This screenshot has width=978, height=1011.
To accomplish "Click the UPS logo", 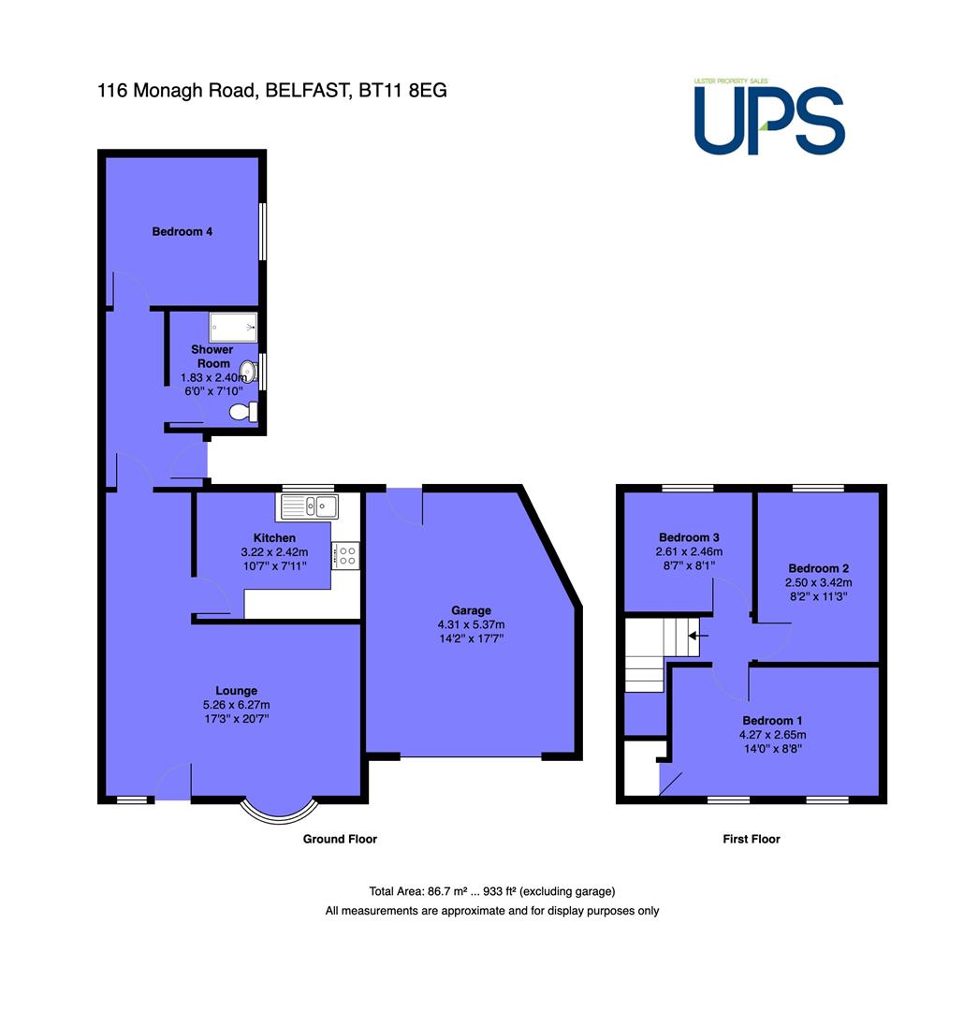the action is [769, 117].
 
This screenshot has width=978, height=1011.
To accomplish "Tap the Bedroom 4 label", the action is [182, 231].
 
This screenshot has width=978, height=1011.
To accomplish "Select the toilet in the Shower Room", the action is [243, 411].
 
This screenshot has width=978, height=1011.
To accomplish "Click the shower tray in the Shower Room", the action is [233, 328].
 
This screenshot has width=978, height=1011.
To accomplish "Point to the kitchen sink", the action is [308, 506].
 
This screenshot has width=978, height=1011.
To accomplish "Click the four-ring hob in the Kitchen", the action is [345, 556].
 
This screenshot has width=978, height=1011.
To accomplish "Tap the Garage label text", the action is [471, 610].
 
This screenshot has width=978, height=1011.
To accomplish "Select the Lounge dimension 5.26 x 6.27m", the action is [236, 705].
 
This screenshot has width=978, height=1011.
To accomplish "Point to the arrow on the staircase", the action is [697, 636].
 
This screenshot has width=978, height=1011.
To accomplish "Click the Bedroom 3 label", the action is [689, 537].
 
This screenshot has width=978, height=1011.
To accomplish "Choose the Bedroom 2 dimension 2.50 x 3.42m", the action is [818, 582].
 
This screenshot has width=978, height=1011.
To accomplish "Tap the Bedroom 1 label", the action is [772, 720].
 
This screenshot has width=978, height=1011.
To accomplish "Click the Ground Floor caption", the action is [340, 839].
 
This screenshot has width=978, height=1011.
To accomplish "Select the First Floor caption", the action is [752, 839].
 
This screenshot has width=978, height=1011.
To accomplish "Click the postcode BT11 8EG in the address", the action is [402, 90].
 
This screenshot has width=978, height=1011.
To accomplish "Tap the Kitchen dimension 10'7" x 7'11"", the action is [274, 566].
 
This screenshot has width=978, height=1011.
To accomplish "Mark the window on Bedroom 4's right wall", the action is [262, 231].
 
